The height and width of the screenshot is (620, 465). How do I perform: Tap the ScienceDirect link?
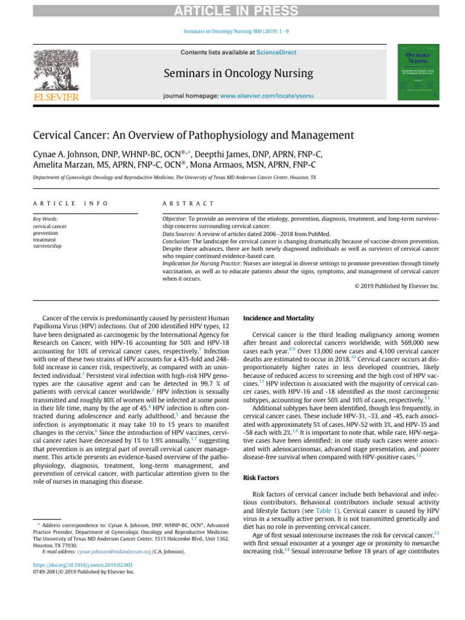click(276, 53)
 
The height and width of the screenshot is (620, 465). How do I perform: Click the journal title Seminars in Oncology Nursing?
click(238, 74)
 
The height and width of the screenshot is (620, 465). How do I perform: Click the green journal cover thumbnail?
click(418, 73)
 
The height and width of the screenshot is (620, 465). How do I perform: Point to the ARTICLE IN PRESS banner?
click(232, 11)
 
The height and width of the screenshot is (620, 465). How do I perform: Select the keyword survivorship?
click(47, 246)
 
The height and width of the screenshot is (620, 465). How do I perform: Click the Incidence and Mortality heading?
click(278, 318)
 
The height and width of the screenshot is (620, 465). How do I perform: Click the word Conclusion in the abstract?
click(176, 240)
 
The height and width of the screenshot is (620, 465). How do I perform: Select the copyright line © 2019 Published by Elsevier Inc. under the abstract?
click(397, 286)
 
